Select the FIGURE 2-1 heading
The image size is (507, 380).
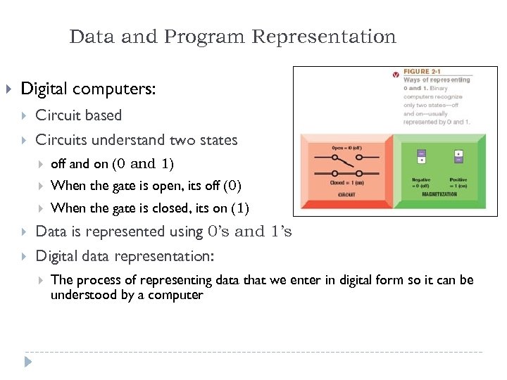422,72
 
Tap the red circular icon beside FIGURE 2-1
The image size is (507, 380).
396,72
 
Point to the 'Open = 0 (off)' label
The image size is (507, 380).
348,148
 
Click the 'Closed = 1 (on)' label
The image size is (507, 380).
346,182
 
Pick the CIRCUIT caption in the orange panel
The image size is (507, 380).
346,194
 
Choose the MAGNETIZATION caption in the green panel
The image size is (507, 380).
441,194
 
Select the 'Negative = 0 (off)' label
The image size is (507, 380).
422,182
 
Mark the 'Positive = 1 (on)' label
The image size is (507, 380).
459,182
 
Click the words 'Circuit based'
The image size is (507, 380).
78,115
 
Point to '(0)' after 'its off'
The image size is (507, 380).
232,186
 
